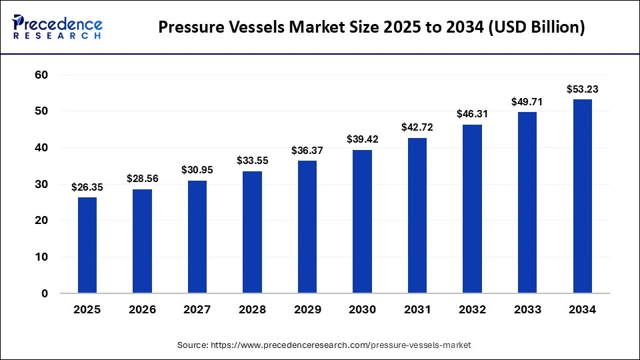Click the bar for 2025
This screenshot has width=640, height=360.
coord(87,245)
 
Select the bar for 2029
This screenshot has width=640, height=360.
coord(307,227)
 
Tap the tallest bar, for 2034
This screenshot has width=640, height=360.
coord(582,196)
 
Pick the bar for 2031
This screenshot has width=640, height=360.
coord(417,215)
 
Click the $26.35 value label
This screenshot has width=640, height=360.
coord(87,187)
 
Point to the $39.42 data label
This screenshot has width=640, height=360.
coord(362,139)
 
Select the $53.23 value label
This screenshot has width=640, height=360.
coord(582,89)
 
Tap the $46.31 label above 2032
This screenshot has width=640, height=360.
coord(472,114)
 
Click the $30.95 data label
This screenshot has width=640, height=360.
coord(197,170)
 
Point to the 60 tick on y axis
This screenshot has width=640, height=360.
coord(41,75)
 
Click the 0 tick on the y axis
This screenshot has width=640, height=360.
coord(45,293)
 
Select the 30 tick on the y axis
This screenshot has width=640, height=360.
coord(41,184)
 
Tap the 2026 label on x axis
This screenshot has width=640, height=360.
coord(142,310)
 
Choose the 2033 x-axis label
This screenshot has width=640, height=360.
coord(527,310)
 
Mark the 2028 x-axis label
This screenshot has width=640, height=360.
coord(252,310)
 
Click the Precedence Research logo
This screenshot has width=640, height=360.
coord(57,27)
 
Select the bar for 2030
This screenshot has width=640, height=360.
coord(362,221)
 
